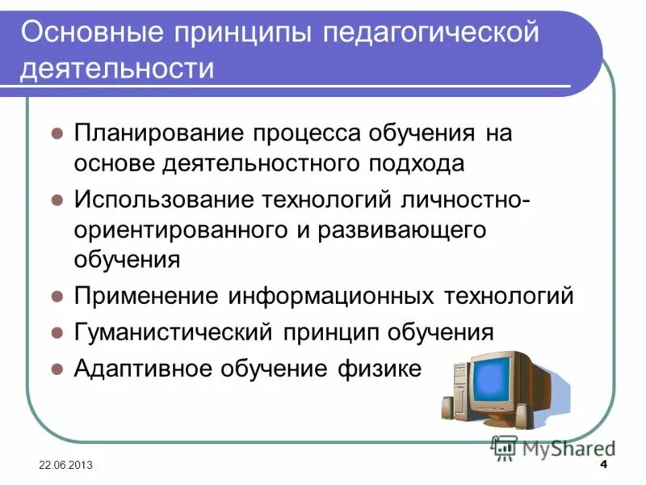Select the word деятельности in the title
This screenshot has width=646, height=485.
click(x=118, y=69)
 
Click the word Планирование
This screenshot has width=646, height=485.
click(x=160, y=133)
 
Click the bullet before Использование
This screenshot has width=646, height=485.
click(x=57, y=199)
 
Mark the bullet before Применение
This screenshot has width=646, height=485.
click(x=57, y=296)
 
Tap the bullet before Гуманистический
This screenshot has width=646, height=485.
click(x=57, y=331)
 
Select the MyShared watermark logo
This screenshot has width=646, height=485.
click(x=553, y=448)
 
